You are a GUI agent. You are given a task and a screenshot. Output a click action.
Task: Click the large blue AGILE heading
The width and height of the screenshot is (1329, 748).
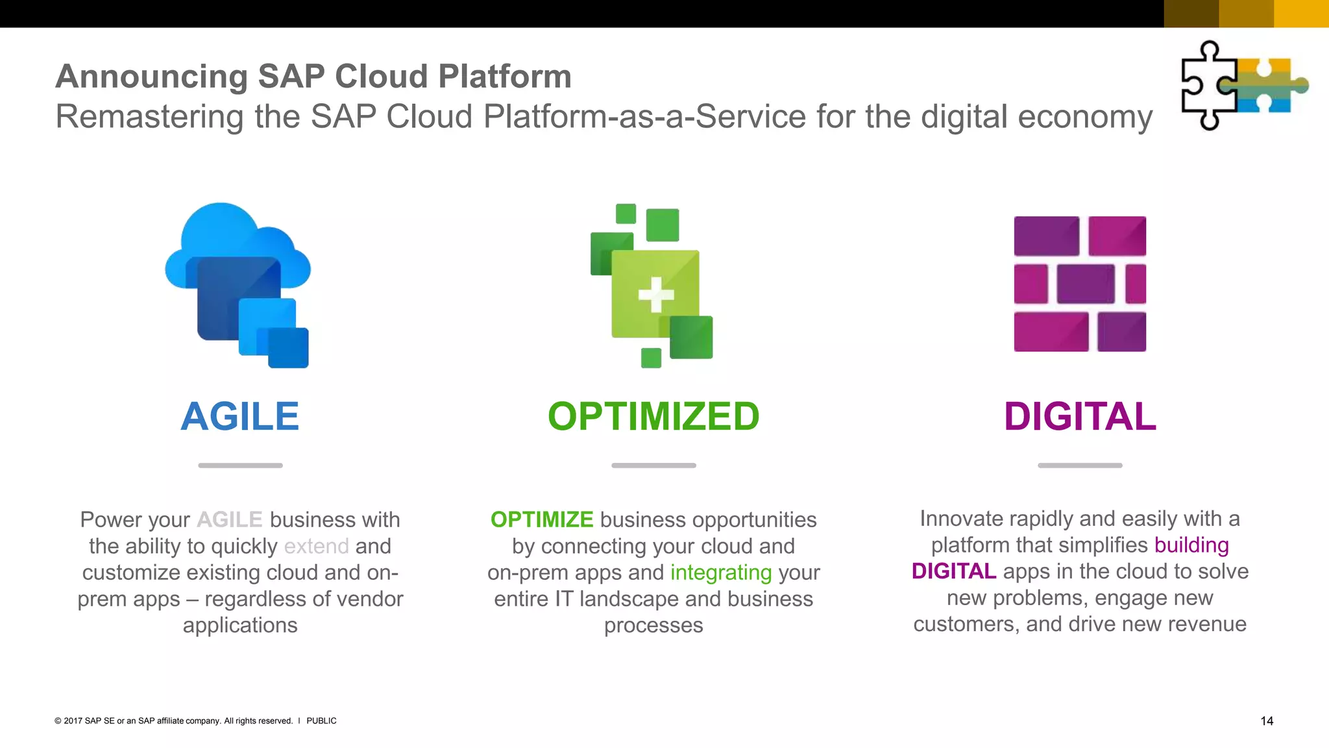[x=239, y=416]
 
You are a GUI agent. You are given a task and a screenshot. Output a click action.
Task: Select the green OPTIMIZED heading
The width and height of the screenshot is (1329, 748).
[x=653, y=416]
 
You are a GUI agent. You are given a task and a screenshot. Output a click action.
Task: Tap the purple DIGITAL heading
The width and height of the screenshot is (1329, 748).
[x=1080, y=416]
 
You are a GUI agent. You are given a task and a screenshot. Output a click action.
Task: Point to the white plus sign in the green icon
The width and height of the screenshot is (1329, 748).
[x=656, y=295]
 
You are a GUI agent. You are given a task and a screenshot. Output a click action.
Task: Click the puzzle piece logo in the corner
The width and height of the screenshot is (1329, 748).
[x=1243, y=85]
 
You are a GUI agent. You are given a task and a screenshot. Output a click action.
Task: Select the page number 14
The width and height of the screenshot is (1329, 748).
[x=1267, y=721]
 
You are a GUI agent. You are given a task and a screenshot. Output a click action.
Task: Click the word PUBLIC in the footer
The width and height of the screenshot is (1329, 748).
[x=321, y=721]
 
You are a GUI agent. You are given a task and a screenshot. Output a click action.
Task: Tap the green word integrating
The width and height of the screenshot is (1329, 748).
[x=721, y=573]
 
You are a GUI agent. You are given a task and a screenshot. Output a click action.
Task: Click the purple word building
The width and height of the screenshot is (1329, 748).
[x=1191, y=545]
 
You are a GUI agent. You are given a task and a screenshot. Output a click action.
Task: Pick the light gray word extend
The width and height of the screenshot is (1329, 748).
[x=317, y=546]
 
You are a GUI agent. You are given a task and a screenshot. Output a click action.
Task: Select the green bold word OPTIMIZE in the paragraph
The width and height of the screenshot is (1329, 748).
[x=542, y=519]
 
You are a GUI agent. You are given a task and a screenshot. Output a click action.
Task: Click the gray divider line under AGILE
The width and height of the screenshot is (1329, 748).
[x=240, y=465]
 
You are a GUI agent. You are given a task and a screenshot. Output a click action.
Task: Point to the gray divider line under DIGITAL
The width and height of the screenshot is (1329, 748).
[x=1080, y=465]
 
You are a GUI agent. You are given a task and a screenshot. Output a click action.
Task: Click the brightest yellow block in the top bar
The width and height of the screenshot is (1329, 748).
[x=1301, y=14]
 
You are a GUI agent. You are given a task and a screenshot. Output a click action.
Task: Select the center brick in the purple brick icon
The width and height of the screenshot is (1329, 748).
[x=1085, y=284]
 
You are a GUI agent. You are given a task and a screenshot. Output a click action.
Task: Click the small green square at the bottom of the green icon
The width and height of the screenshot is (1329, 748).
[x=651, y=358]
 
